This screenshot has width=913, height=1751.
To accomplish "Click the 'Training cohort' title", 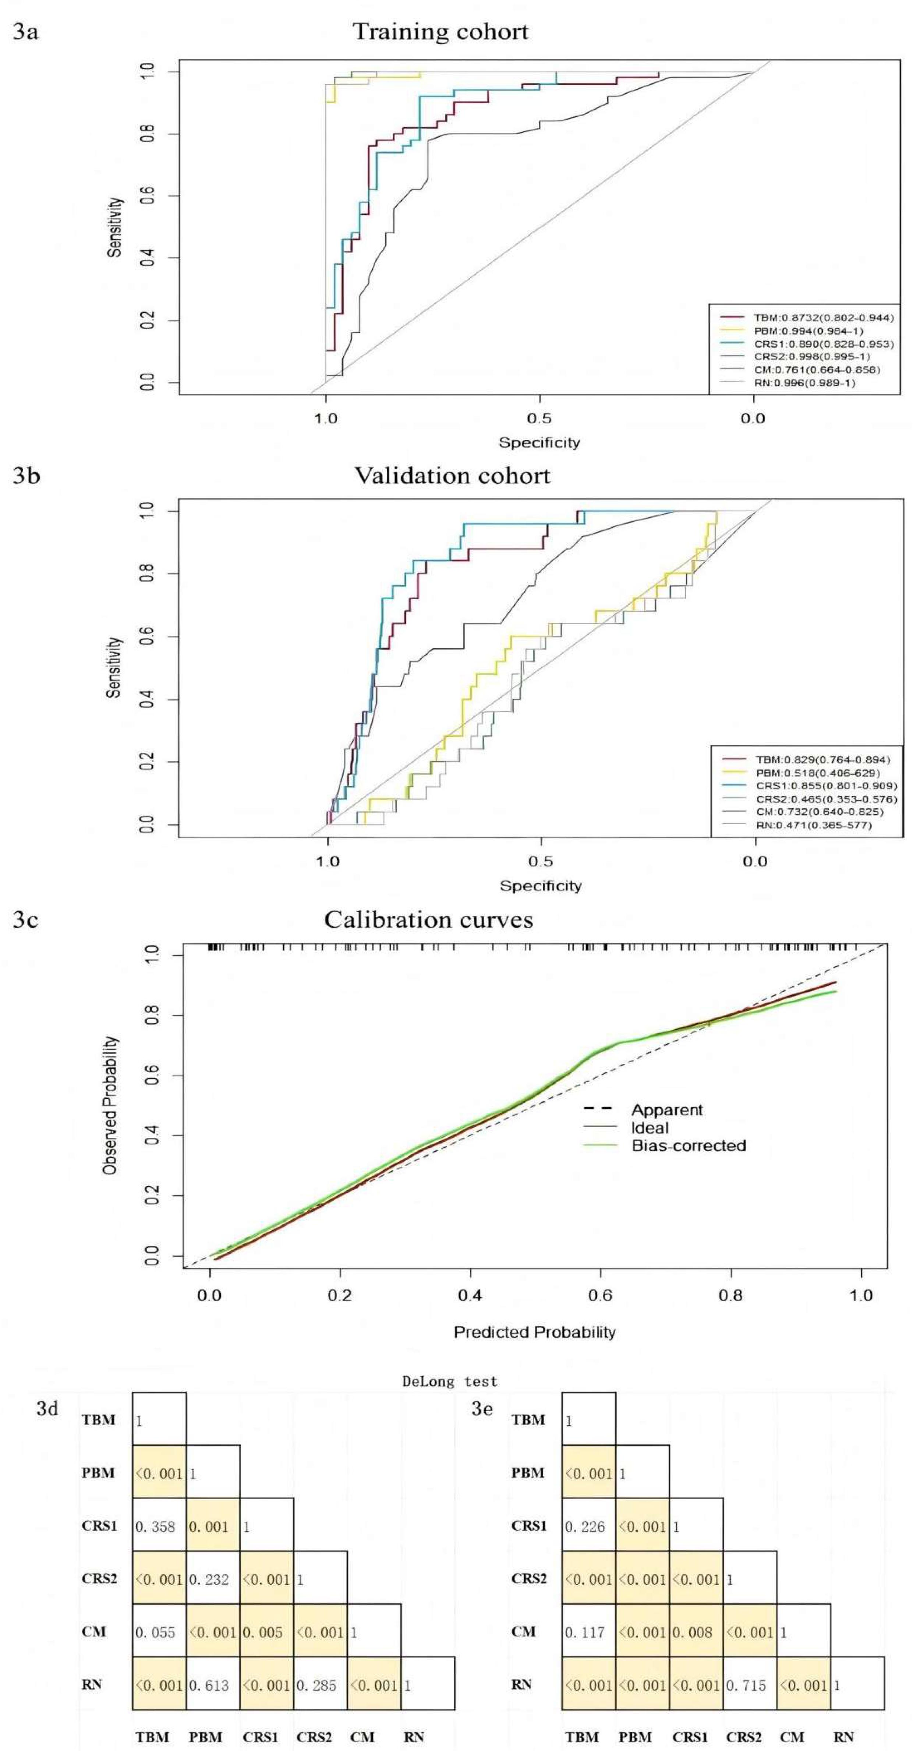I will click(440, 32).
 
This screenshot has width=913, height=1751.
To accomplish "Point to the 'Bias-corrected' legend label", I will click(688, 1145).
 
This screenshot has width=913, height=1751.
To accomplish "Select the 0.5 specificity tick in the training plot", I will click(539, 417).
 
